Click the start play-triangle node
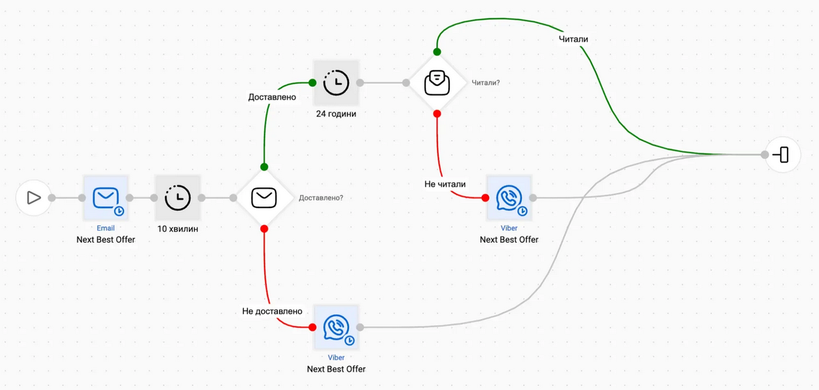[33, 198]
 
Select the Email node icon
[105, 198]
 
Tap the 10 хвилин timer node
[177, 198]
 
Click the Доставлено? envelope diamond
[264, 198]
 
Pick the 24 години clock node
[336, 82]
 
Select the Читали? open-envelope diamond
[437, 82]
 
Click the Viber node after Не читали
[509, 198]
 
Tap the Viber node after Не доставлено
[336, 327]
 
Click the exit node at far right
[783, 155]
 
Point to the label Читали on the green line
[573, 39]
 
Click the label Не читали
[444, 183]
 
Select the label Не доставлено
[272, 311]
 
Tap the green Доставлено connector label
[272, 97]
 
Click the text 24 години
[336, 114]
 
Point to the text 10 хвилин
[177, 229]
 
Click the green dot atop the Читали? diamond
[437, 52]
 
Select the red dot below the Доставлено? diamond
[264, 228]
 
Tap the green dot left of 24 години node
[313, 82]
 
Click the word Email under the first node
[105, 228]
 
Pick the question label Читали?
[485, 82]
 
